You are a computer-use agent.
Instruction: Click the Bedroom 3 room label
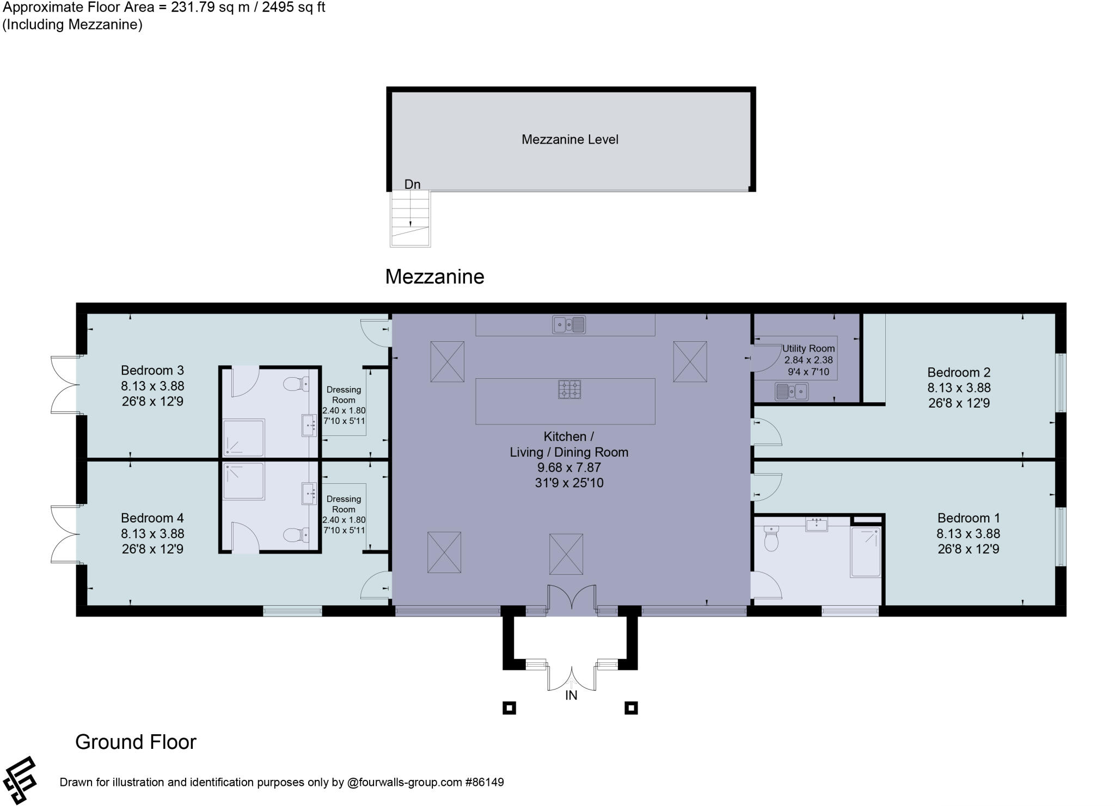[x=152, y=371]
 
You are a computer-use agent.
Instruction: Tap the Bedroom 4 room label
[x=152, y=518]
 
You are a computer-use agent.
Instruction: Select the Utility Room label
[x=808, y=349]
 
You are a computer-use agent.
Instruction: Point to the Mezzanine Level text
[x=569, y=140]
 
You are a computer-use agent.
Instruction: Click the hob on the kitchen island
[x=569, y=389]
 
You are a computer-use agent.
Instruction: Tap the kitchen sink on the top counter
[x=569, y=325]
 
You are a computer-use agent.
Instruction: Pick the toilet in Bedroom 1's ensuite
[x=771, y=538]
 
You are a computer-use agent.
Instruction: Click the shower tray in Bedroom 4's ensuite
[x=243, y=481]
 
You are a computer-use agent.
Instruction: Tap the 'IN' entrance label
[x=571, y=696]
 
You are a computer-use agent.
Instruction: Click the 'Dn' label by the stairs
[x=412, y=184]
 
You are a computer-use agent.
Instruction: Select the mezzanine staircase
[x=411, y=219]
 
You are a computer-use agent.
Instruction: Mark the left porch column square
[x=509, y=708]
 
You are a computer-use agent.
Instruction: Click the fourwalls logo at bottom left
[x=20, y=780]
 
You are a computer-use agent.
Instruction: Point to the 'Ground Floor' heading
[x=136, y=742]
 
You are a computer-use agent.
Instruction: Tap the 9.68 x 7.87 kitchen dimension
[x=569, y=467]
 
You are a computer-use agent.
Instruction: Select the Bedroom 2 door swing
[x=767, y=433]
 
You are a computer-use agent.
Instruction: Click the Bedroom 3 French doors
[x=64, y=384]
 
